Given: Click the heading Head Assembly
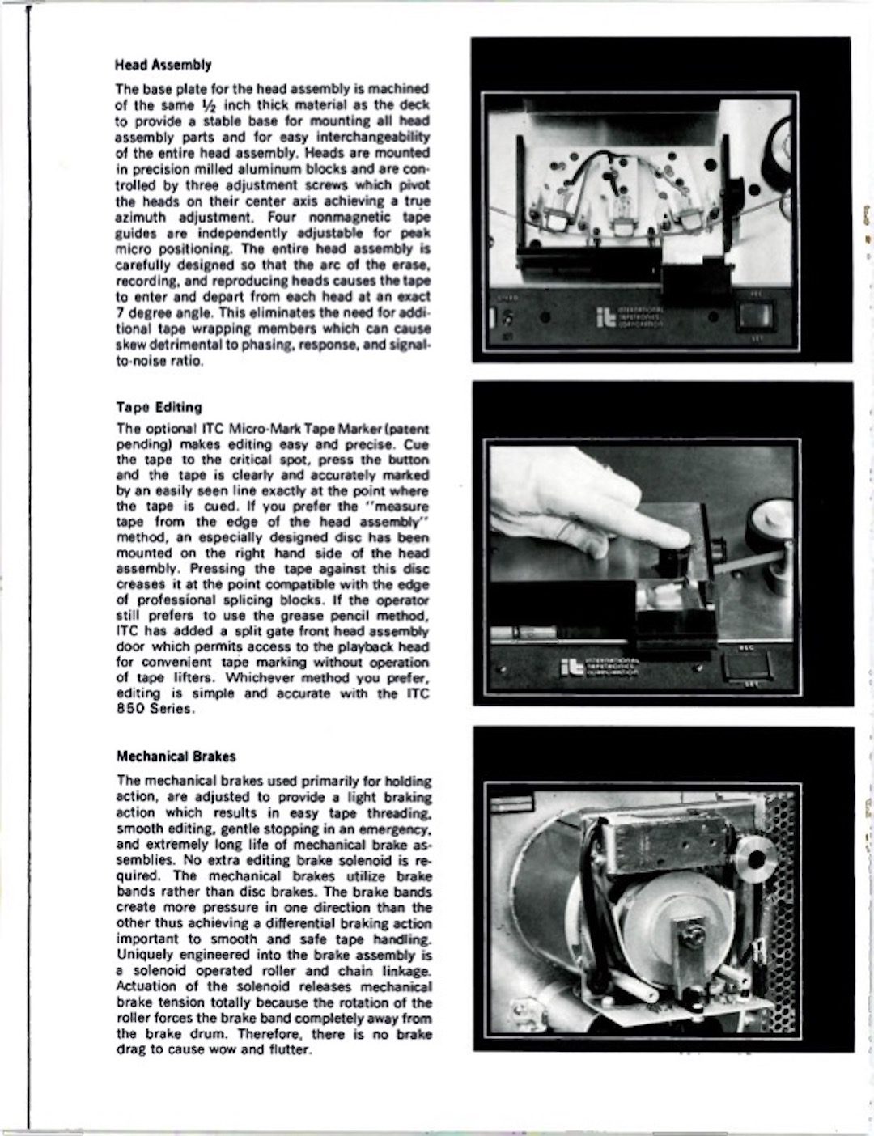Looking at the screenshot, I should [163, 65].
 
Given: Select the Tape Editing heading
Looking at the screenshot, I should [159, 407].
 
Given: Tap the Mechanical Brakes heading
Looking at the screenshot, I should [176, 757].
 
